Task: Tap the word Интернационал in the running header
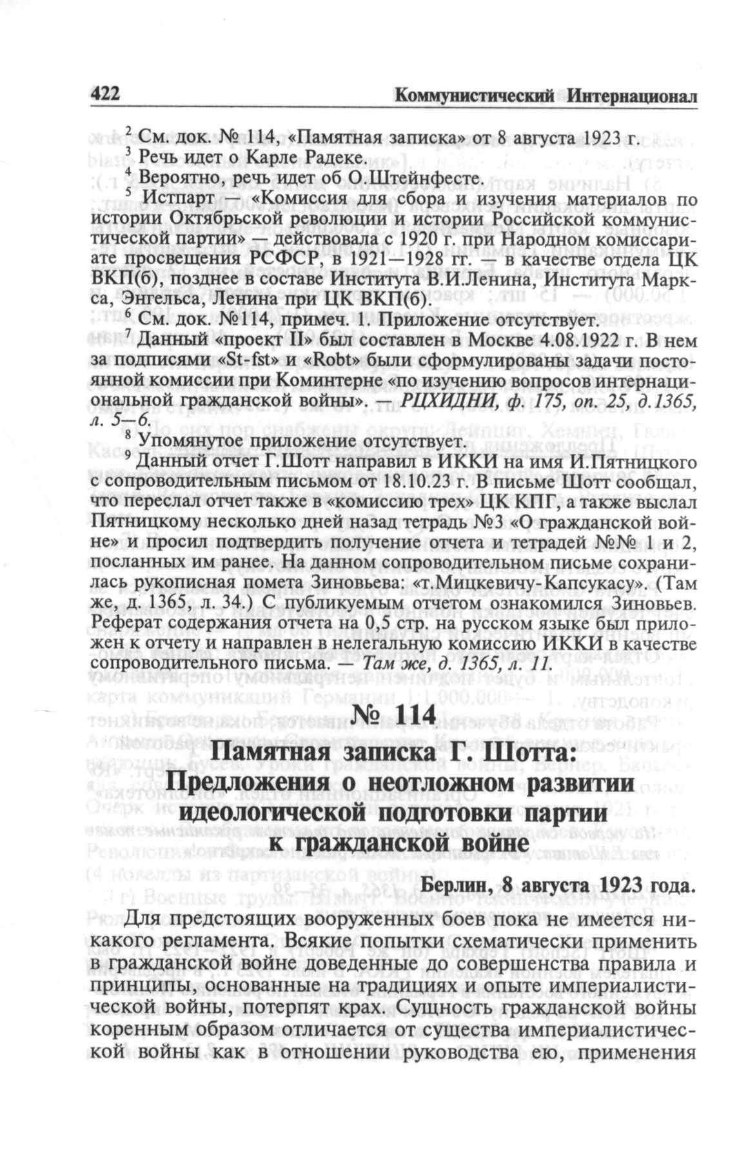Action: click(x=635, y=96)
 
